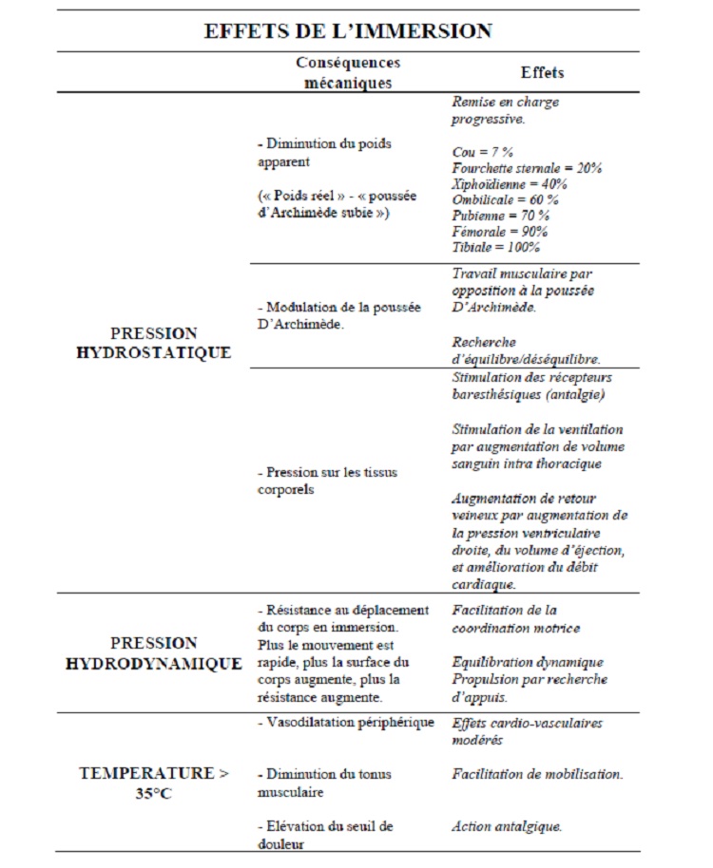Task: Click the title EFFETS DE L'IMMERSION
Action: tap(348, 30)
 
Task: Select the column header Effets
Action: tap(542, 73)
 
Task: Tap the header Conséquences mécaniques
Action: tap(348, 73)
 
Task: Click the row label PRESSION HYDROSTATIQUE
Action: tap(167, 343)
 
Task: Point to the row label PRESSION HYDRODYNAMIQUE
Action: tap(154, 653)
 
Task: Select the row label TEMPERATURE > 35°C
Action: tap(154, 783)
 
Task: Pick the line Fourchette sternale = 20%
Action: tap(527, 167)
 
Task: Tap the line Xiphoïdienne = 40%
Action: tap(510, 183)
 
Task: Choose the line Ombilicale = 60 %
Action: tap(505, 199)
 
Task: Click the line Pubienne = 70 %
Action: tap(500, 216)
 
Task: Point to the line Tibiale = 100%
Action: tap(495, 247)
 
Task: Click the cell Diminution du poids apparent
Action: tap(324, 152)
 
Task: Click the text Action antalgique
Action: tap(506, 826)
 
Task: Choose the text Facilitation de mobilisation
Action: tap(537, 774)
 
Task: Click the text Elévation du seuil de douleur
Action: tap(325, 835)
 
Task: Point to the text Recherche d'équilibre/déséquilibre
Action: tap(525, 350)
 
